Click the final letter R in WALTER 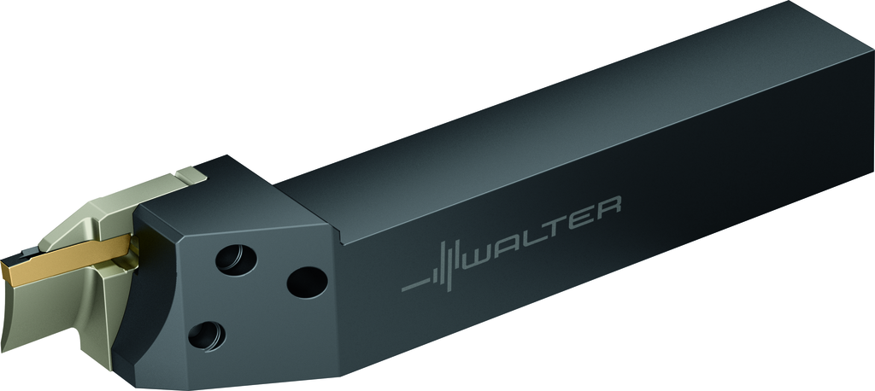608,207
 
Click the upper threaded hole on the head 236,260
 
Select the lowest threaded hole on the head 207,336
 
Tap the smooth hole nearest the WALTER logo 307,283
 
